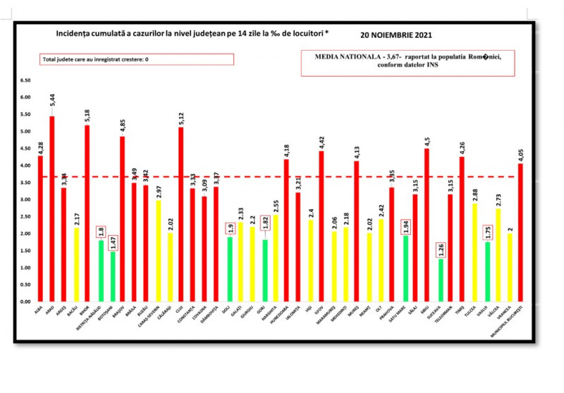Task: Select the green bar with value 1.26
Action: tap(441, 280)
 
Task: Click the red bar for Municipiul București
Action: tap(520, 232)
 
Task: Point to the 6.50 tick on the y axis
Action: tap(25, 80)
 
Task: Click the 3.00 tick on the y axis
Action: tap(25, 200)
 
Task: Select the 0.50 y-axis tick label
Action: tap(25, 285)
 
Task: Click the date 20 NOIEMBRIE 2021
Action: tap(396, 35)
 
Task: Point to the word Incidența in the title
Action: tap(73, 34)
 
